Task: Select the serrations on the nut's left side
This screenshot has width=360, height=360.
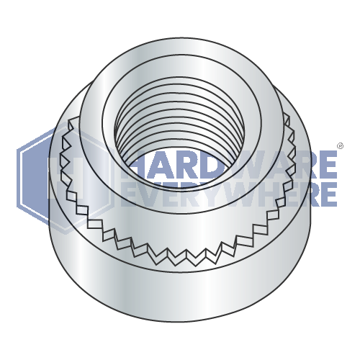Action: click(x=66, y=173)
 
